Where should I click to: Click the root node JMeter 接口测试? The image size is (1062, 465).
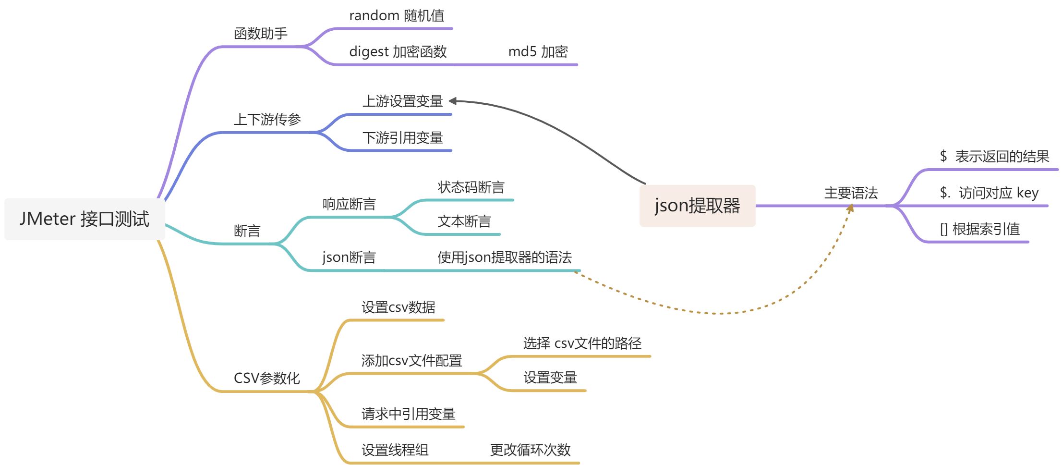pyautogui.click(x=84, y=219)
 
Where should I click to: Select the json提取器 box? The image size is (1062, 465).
pyautogui.click(x=697, y=206)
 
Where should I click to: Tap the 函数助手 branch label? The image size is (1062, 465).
pyautogui.click(x=261, y=34)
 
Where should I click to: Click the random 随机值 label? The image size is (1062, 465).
pyautogui.click(x=397, y=16)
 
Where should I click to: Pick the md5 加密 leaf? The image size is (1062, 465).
pyautogui.click(x=538, y=52)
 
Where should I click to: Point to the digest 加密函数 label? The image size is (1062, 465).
pyautogui.click(x=398, y=52)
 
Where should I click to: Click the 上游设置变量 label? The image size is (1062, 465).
pyautogui.click(x=402, y=101)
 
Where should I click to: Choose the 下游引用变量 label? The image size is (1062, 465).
pyautogui.click(x=402, y=138)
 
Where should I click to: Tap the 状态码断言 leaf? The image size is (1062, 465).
pyautogui.click(x=471, y=187)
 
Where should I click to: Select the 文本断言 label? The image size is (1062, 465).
pyautogui.click(x=464, y=221)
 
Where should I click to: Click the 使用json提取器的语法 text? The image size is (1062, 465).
pyautogui.click(x=505, y=257)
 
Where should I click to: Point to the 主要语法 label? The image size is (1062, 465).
pyautogui.click(x=851, y=193)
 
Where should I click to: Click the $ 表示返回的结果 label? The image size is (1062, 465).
pyautogui.click(x=994, y=157)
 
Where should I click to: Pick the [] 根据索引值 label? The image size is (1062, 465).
pyautogui.click(x=979, y=229)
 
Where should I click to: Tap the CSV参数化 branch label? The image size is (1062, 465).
pyautogui.click(x=267, y=378)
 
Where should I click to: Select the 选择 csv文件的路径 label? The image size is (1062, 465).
pyautogui.click(x=582, y=343)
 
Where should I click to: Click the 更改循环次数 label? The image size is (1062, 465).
pyautogui.click(x=530, y=450)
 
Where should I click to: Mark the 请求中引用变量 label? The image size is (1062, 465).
pyautogui.click(x=408, y=414)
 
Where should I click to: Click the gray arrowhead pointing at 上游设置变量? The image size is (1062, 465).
pyautogui.click(x=453, y=101)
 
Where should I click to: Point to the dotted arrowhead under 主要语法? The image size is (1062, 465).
pyautogui.click(x=850, y=208)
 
